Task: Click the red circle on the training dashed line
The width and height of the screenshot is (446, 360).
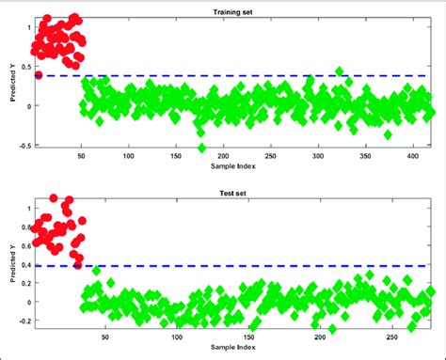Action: pyautogui.click(x=39, y=75)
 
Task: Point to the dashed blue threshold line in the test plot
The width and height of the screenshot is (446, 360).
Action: pyautogui.click(x=235, y=266)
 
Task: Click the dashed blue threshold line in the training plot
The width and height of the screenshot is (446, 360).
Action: pyautogui.click(x=235, y=75)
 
